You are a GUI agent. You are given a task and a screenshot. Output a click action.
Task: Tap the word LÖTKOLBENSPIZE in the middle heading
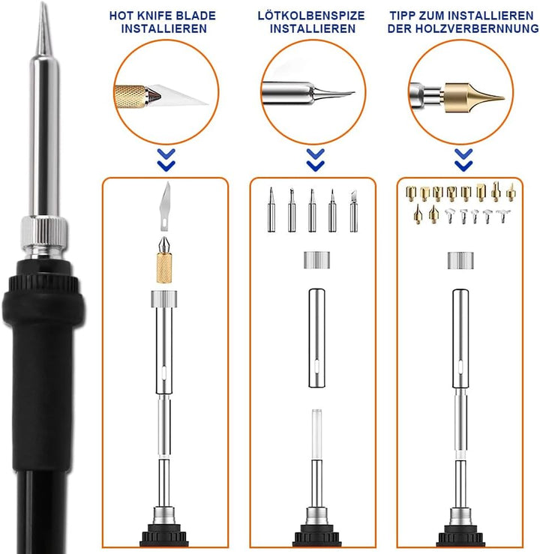(x=311, y=16)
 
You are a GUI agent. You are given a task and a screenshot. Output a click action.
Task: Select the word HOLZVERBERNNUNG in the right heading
(x=477, y=28)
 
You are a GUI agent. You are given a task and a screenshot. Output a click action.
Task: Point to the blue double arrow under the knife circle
(x=166, y=160)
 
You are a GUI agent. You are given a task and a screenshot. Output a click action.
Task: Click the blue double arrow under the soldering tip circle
(x=316, y=160)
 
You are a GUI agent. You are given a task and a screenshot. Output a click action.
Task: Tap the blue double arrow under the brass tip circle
(x=463, y=160)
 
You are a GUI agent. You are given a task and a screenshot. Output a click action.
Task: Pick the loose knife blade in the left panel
(x=165, y=206)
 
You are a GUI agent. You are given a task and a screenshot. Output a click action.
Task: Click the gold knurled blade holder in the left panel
(x=165, y=259)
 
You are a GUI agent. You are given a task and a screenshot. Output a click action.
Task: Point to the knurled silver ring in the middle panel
(x=316, y=260)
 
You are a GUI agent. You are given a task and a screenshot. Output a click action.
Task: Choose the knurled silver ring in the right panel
(x=461, y=260)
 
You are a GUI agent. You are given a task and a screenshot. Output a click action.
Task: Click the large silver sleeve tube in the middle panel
(x=316, y=338)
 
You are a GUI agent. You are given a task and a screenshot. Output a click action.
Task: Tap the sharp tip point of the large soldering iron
(x=43, y=3)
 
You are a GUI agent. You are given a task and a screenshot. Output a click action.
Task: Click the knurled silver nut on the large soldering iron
(x=44, y=232)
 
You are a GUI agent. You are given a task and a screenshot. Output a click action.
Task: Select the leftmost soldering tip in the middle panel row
(x=271, y=209)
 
